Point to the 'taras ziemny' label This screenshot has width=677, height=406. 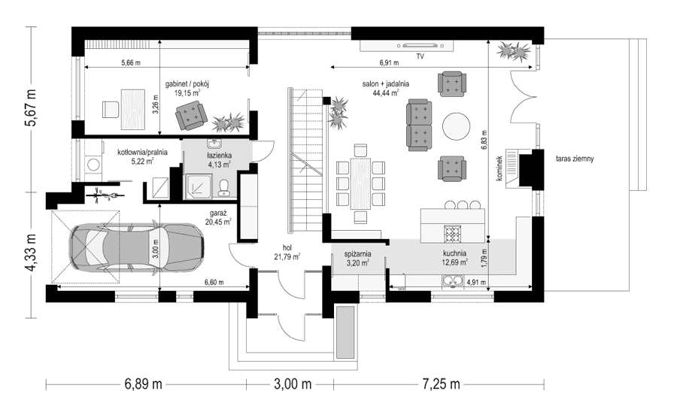[x=576, y=159]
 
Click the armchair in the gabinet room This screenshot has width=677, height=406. [x=190, y=115]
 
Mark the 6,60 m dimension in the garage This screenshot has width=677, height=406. [x=215, y=283]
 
